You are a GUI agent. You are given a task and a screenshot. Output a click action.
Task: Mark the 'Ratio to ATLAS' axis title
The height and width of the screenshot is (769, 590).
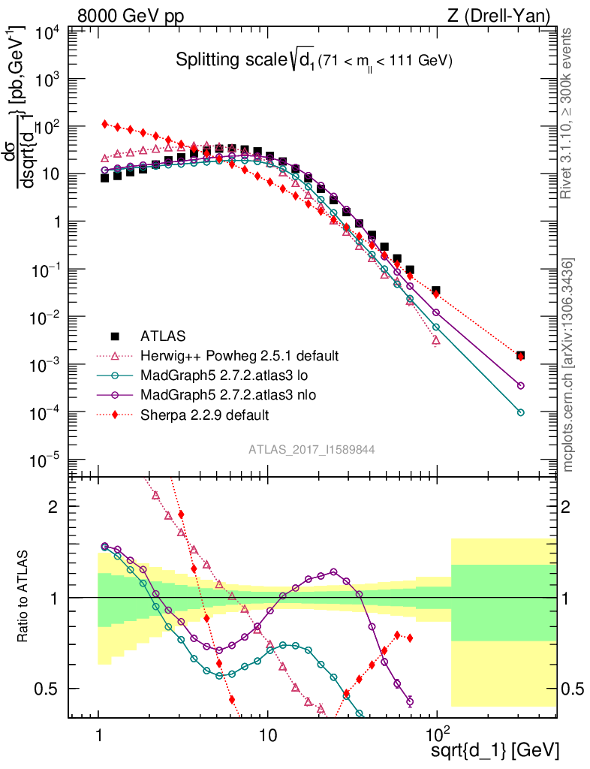tap(25, 597)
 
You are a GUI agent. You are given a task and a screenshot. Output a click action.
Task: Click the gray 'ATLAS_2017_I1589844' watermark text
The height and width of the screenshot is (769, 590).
tap(312, 450)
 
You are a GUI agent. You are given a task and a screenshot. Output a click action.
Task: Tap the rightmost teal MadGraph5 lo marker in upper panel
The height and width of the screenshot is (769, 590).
tap(520, 412)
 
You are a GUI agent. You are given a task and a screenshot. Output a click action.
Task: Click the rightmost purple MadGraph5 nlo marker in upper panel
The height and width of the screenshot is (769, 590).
tap(520, 385)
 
